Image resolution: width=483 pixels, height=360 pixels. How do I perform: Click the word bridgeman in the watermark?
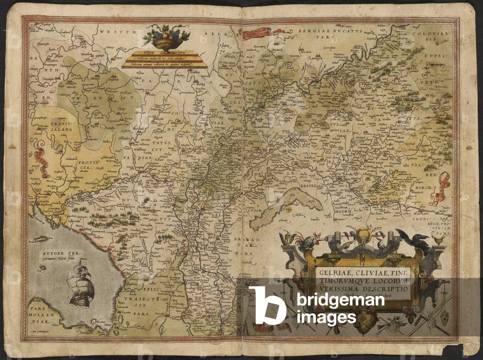[340, 301]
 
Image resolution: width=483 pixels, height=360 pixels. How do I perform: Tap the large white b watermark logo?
[267, 305]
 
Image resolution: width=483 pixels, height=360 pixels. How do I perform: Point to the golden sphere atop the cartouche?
[363, 234]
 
